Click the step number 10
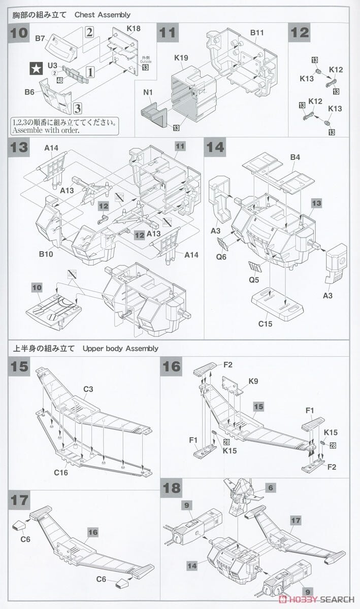click(x=20, y=33)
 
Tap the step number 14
click(x=215, y=148)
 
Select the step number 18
click(x=171, y=488)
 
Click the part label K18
click(x=134, y=28)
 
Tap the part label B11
click(x=257, y=33)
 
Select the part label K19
click(x=182, y=57)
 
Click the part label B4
click(x=295, y=157)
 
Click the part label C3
click(x=88, y=389)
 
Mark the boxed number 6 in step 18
click(x=271, y=487)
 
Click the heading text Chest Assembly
click(x=103, y=15)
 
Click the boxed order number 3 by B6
click(x=77, y=108)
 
